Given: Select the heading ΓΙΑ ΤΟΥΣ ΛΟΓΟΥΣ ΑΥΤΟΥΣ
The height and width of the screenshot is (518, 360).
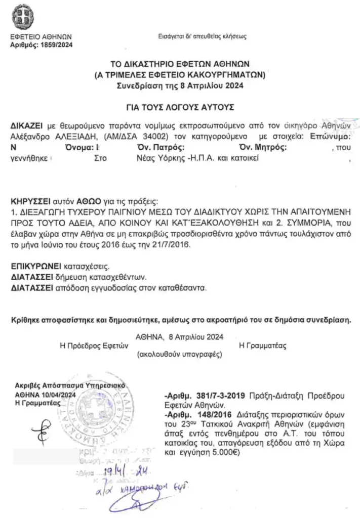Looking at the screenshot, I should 180,107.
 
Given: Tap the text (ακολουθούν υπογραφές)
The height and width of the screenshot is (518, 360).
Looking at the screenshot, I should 180,355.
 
